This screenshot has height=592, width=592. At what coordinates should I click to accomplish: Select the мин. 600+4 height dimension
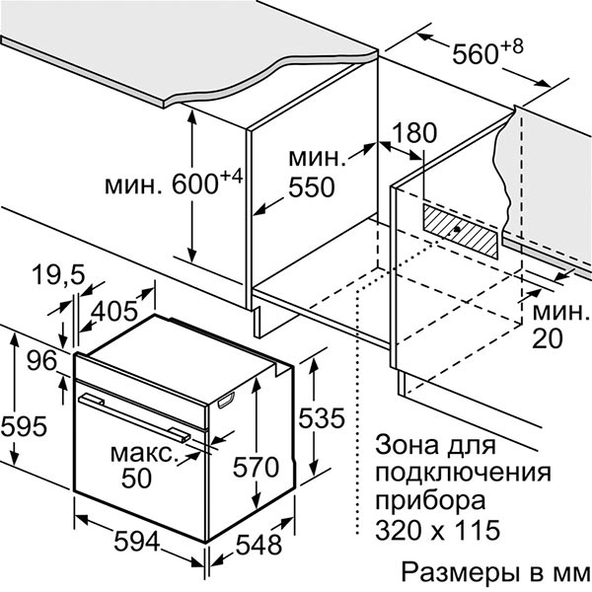pos(176,184)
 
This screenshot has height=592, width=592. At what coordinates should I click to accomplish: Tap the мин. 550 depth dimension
pos(317,173)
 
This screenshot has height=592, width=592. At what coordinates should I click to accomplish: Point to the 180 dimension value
pos(413,134)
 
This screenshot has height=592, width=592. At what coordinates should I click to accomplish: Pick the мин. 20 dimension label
pos(560,327)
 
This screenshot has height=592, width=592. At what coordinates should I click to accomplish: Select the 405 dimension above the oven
pos(114,312)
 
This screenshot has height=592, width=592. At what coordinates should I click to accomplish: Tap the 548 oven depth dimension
pos(259,544)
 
